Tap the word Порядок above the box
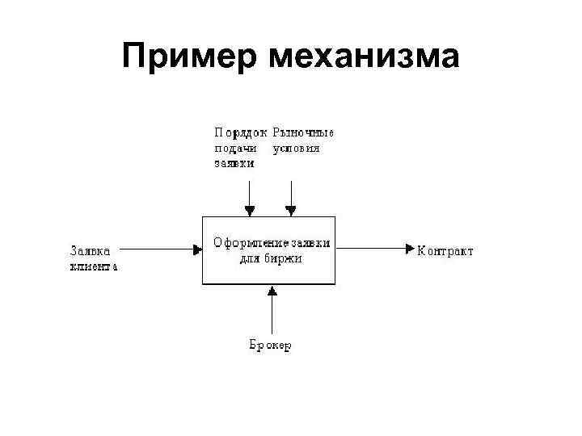(x=241, y=133)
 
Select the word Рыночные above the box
(x=303, y=133)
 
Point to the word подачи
(x=235, y=148)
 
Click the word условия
(x=296, y=148)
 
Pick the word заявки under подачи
(x=234, y=162)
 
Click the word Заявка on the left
(x=91, y=250)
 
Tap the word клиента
(x=93, y=266)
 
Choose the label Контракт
(x=445, y=250)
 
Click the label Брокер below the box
(x=270, y=346)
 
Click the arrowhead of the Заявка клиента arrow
(x=197, y=250)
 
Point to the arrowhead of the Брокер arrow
(x=272, y=289)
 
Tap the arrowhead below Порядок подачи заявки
(x=250, y=211)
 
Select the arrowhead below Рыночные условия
(x=291, y=211)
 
